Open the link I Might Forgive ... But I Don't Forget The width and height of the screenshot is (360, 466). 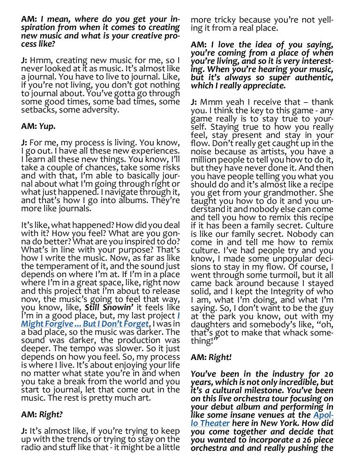[85, 324]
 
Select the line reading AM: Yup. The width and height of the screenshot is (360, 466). [38, 126]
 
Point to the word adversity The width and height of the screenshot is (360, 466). [100, 110]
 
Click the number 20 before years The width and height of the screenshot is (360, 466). [328, 374]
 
